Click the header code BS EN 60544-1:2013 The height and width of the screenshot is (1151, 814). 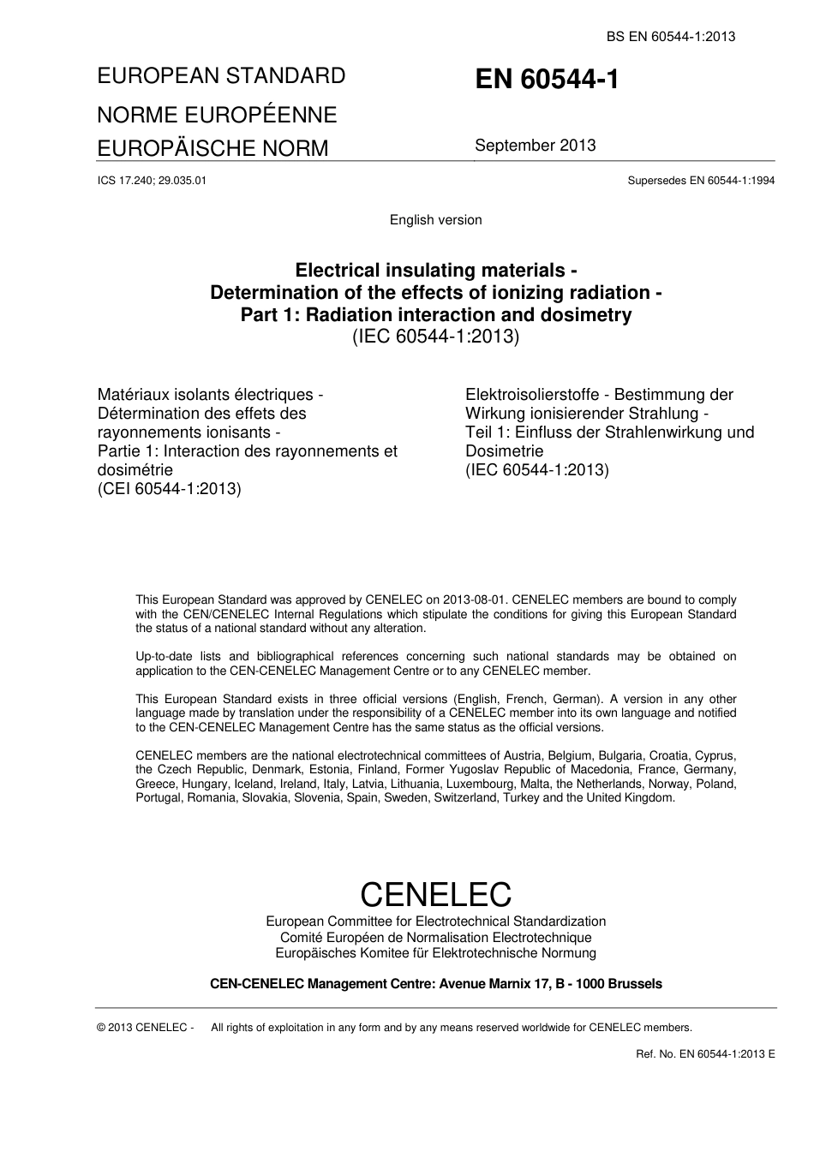coord(671,36)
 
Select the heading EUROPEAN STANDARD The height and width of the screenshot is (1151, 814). coord(221,76)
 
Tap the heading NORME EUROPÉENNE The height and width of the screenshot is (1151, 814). coord(217,115)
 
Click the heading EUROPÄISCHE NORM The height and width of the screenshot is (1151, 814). coord(212,148)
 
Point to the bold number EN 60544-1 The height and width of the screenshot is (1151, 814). coord(547,80)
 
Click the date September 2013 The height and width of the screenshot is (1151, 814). coord(535,146)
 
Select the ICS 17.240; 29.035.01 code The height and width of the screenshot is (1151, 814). coord(152,181)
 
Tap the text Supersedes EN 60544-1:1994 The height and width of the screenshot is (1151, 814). coord(701,181)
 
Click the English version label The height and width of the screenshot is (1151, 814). coord(435,220)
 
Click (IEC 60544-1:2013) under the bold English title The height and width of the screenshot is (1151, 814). coord(435,337)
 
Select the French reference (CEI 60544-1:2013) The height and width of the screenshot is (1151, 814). coord(170,489)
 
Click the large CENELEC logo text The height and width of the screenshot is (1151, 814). coord(435,894)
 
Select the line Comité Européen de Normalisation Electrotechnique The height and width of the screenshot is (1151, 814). coord(435,938)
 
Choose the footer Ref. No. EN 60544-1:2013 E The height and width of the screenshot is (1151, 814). coord(705,1054)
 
